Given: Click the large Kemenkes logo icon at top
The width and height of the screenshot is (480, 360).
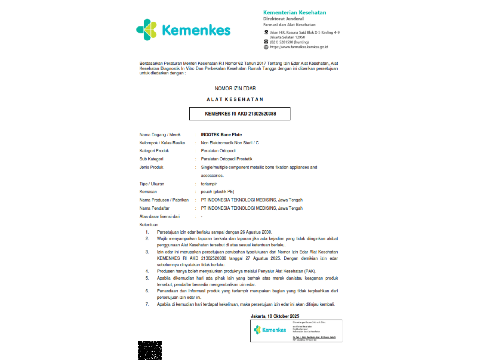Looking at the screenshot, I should pyautogui.click(x=146, y=30).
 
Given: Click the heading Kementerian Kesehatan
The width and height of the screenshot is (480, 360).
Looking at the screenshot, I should pyautogui.click(x=294, y=12).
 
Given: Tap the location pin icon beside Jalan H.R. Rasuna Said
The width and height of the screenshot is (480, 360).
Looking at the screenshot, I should pyautogui.click(x=266, y=32).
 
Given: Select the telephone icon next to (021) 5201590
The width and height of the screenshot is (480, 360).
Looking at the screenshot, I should pyautogui.click(x=266, y=42).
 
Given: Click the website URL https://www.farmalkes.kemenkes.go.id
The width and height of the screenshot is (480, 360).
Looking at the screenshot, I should pyautogui.click(x=299, y=47).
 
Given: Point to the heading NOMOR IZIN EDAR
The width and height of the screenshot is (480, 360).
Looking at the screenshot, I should pyautogui.click(x=235, y=88).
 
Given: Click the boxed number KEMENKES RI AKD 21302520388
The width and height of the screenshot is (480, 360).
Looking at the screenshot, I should pyautogui.click(x=240, y=114).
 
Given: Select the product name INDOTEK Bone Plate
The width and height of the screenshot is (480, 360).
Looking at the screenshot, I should pyautogui.click(x=221, y=134).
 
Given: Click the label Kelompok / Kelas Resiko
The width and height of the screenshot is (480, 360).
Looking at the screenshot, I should pyautogui.click(x=162, y=143).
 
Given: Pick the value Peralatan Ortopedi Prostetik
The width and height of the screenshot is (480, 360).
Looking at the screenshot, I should pyautogui.click(x=226, y=159).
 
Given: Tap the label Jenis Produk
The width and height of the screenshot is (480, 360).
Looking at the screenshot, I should pyautogui.click(x=151, y=167).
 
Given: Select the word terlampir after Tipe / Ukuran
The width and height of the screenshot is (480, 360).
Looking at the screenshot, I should pyautogui.click(x=209, y=184).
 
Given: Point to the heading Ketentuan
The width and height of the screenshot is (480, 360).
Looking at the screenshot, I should pyautogui.click(x=149, y=225).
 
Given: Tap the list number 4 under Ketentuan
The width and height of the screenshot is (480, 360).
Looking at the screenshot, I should pyautogui.click(x=147, y=271).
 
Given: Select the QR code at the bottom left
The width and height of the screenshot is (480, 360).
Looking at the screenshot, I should pyautogui.click(x=150, y=350).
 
